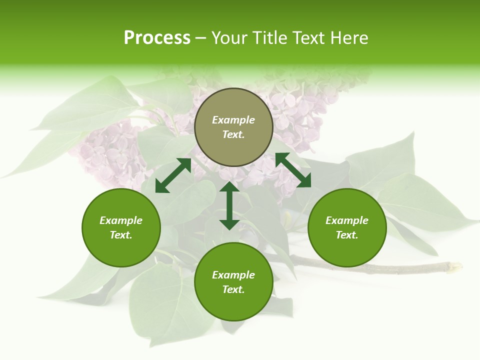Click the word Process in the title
157,38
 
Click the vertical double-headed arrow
229,205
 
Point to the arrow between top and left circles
173,175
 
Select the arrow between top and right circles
293,170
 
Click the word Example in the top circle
233,120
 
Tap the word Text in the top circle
233,134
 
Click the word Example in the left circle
121,220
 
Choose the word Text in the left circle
121,235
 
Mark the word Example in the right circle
347,220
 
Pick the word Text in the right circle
347,235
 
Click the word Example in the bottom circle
233,275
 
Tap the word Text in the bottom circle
233,289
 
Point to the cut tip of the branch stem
457,266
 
